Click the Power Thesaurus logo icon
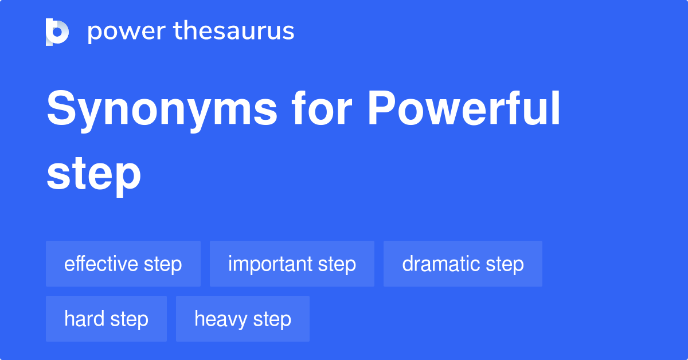tap(57, 32)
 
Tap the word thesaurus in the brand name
tap(234, 32)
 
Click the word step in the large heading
tap(93, 175)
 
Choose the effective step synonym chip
tap(123, 264)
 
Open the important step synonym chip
tap(292, 264)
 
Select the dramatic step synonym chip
tap(463, 264)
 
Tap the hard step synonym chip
tap(106, 319)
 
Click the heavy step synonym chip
tap(243, 319)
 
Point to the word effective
tap(101, 264)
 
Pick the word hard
tap(84, 319)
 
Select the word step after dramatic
tap(505, 264)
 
